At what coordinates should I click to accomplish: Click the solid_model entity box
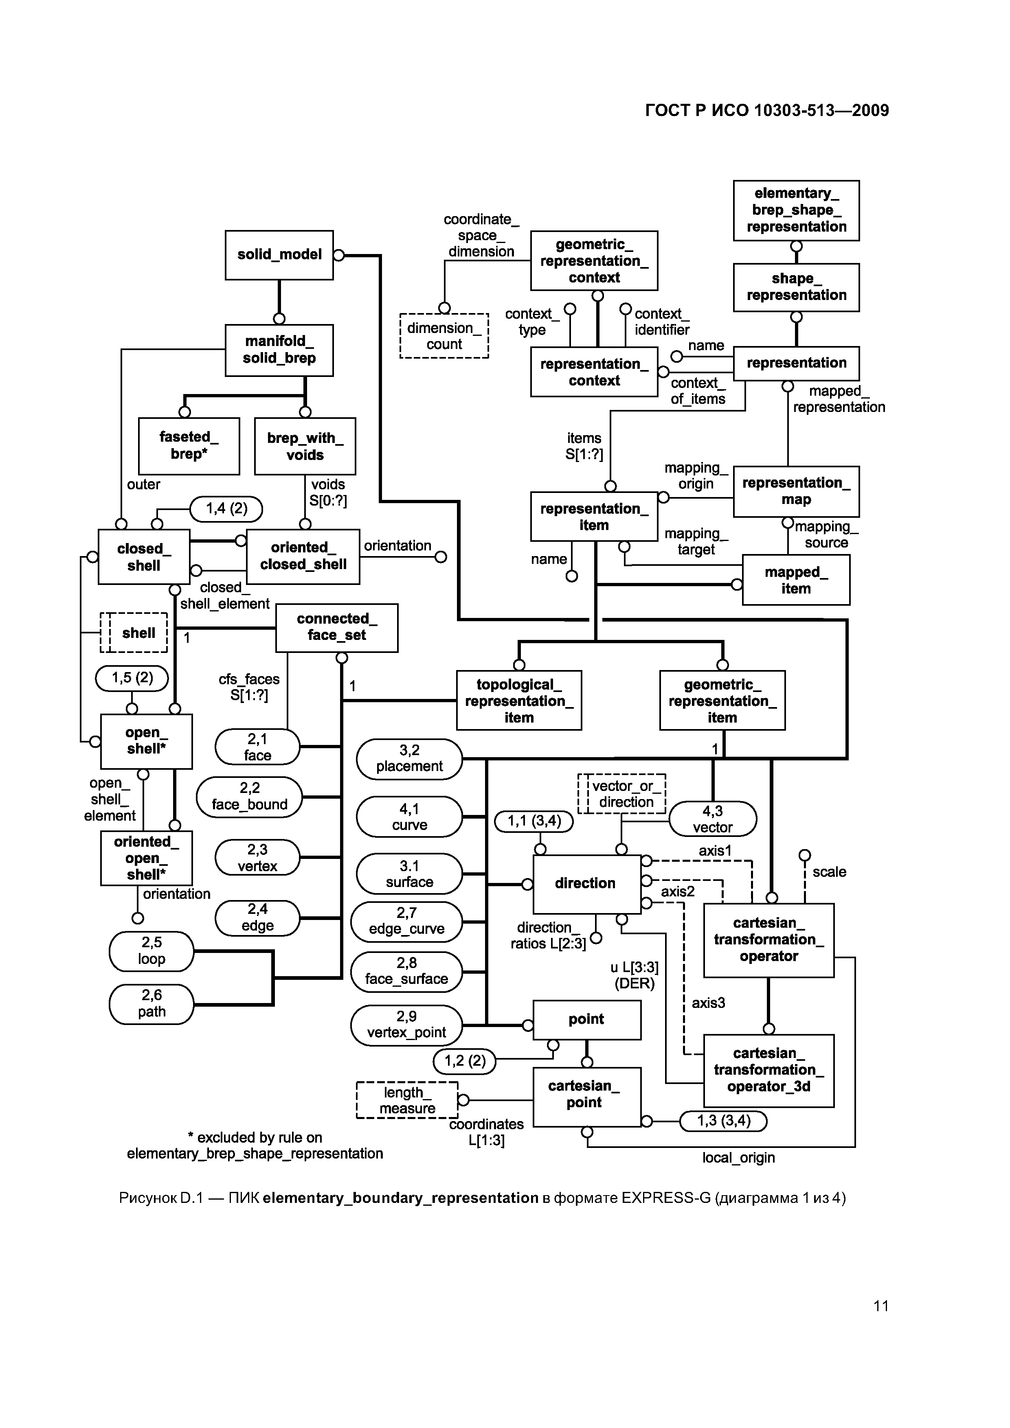(279, 255)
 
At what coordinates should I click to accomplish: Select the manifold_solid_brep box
(279, 350)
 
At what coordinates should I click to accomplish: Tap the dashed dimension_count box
(444, 336)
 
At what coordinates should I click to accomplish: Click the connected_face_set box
(337, 628)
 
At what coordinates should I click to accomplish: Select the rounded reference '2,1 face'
(258, 747)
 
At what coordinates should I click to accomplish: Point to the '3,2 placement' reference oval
(409, 759)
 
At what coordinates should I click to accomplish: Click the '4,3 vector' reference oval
(713, 819)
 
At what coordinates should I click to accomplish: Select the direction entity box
(587, 884)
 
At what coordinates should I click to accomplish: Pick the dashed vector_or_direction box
(622, 794)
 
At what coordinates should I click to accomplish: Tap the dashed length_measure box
(407, 1100)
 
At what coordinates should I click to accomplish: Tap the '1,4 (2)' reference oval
(226, 509)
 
